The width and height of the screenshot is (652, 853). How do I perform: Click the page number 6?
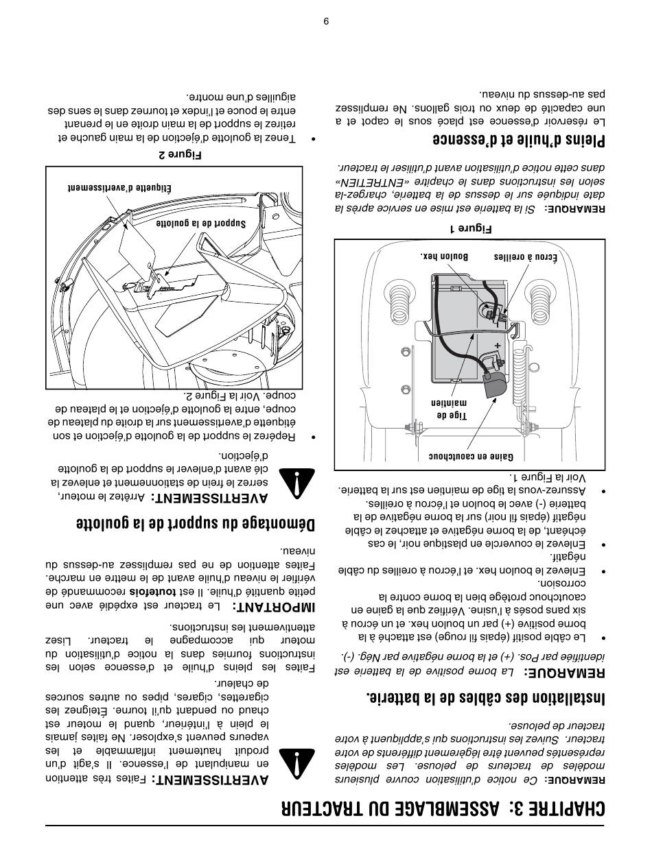pyautogui.click(x=326, y=20)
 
